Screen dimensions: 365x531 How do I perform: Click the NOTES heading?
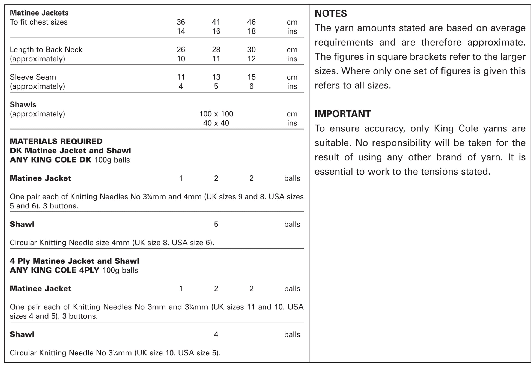pyautogui.click(x=330, y=13)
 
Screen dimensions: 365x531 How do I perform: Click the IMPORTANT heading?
pyautogui.click(x=342, y=114)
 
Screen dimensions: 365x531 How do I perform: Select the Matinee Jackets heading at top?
pyautogui.click(x=39, y=13)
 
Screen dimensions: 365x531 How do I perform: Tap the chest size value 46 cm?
pyautogui.click(x=251, y=22)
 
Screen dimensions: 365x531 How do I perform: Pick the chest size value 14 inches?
pyautogui.click(x=181, y=31)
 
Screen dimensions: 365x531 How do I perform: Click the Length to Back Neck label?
pyautogui.click(x=46, y=49)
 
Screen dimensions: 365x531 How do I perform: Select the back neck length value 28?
pyautogui.click(x=216, y=49)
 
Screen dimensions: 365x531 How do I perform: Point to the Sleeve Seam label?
pyautogui.click(x=33, y=77)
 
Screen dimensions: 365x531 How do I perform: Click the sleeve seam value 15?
pyautogui.click(x=251, y=77)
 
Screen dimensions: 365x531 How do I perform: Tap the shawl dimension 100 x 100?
pyautogui.click(x=216, y=114)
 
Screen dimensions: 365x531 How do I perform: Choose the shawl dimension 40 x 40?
pyautogui.click(x=216, y=123)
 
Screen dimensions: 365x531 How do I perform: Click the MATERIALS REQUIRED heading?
pyautogui.click(x=56, y=141)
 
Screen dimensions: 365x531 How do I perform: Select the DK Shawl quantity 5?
pyautogui.click(x=216, y=224)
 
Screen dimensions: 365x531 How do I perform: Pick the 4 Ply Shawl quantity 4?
pyautogui.click(x=216, y=334)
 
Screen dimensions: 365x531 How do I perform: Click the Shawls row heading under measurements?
pyautogui.click(x=23, y=104)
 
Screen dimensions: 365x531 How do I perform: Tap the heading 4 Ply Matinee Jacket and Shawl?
pyautogui.click(x=74, y=261)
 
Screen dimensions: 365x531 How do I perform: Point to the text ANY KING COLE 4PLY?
pyautogui.click(x=54, y=270)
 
